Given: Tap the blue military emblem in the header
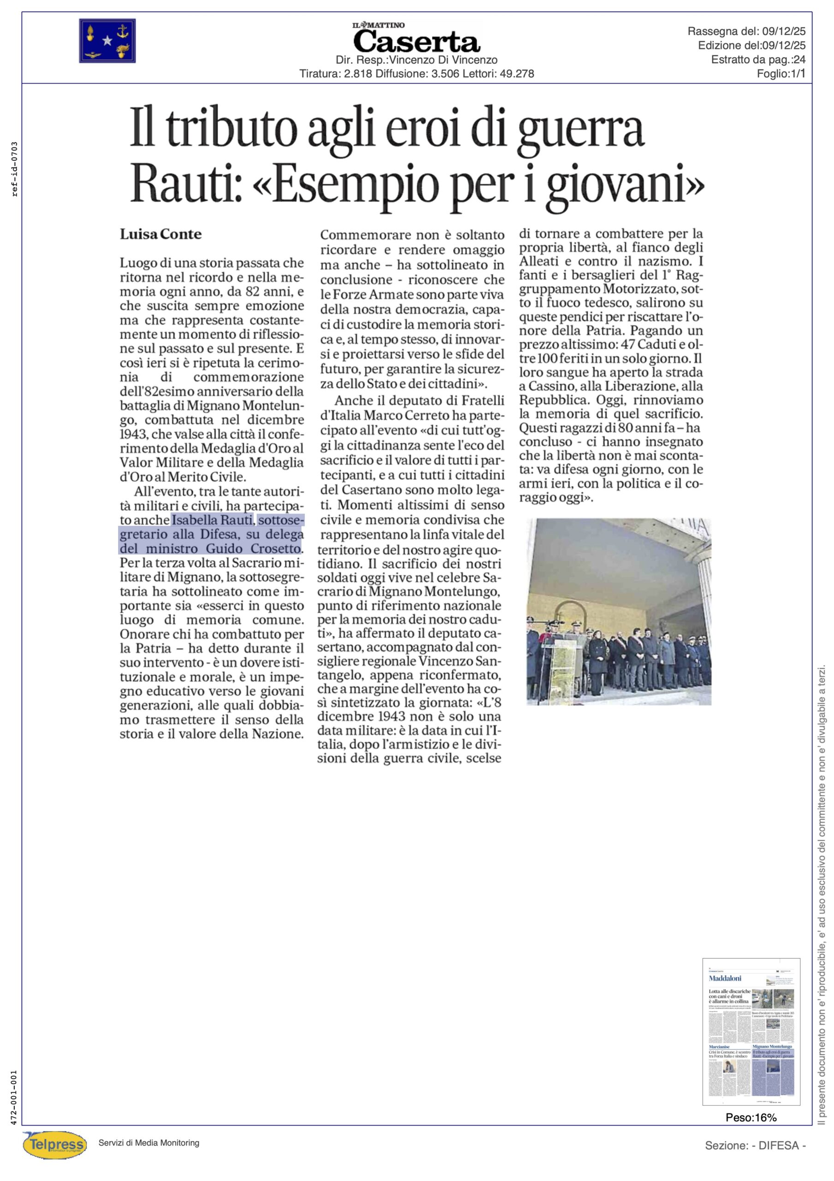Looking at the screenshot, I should coord(107,41).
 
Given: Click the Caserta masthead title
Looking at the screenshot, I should coord(416,42).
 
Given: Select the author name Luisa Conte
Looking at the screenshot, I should coord(160,234).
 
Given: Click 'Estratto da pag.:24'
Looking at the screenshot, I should coord(758,60).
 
